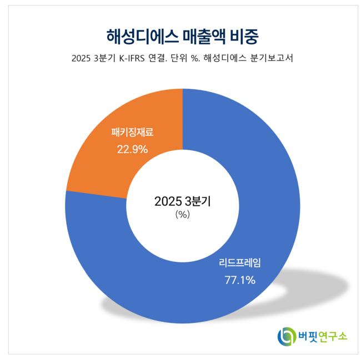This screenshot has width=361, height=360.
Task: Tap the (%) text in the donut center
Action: [x=182, y=215]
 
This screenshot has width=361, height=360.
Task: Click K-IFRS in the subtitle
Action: [x=138, y=58]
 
